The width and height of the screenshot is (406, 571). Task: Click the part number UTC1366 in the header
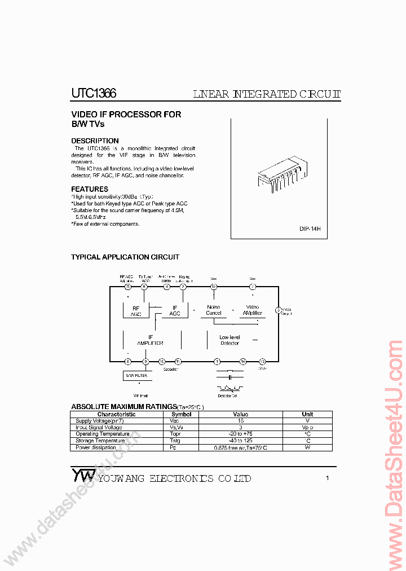point(94,94)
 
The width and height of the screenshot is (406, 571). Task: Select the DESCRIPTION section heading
point(95,141)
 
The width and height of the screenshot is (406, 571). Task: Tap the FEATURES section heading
point(90,189)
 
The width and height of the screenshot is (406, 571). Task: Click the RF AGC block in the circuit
point(136,311)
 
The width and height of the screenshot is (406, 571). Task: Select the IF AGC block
point(175,311)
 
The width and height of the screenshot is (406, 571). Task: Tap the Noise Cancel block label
point(214,310)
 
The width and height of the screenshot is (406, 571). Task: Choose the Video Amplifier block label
point(252,310)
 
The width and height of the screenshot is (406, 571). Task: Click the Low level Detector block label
point(230,340)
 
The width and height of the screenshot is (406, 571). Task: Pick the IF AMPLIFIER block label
point(151,340)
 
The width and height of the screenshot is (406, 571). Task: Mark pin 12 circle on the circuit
point(214,287)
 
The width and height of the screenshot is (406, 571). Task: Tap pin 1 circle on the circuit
point(217,361)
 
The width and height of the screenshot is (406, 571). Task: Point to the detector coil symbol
point(228,388)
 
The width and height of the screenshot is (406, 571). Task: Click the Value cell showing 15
point(241,421)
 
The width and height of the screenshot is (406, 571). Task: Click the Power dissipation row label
point(96,448)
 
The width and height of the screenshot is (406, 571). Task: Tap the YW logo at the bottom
point(82,475)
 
